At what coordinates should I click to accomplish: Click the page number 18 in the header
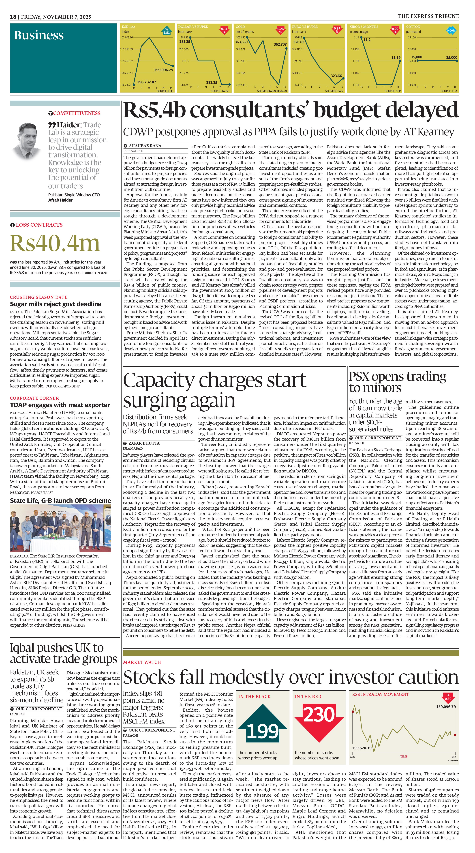click(x=13, y=17)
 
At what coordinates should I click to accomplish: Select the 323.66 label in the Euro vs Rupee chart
click(x=336, y=76)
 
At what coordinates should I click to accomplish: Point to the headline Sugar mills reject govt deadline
click(x=55, y=304)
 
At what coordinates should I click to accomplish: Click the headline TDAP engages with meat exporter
click(x=60, y=405)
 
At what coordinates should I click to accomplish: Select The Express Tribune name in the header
click(x=428, y=16)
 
